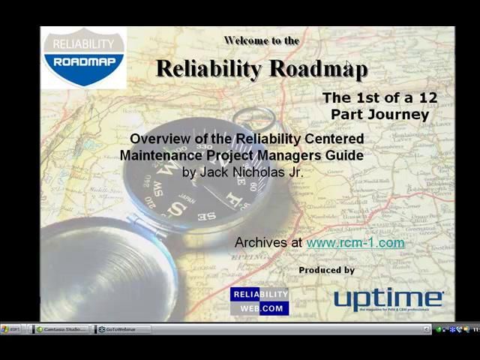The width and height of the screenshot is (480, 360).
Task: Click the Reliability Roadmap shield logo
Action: click(x=83, y=58)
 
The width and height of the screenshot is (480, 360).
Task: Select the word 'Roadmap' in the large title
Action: click(x=318, y=68)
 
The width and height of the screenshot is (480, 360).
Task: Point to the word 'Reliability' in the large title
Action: click(x=208, y=68)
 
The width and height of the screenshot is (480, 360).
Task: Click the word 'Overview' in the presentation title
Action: click(x=157, y=139)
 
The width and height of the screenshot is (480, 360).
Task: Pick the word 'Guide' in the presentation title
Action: click(x=346, y=155)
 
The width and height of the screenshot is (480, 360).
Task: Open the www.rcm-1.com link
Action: click(x=355, y=242)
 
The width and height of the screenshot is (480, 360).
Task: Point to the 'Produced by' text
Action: click(x=326, y=270)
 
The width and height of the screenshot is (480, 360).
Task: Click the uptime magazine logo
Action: click(x=388, y=299)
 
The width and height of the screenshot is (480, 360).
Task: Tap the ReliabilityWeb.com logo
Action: click(x=259, y=301)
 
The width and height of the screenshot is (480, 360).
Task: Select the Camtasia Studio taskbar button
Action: click(x=64, y=329)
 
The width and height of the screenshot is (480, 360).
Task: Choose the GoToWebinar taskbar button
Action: click(x=120, y=329)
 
